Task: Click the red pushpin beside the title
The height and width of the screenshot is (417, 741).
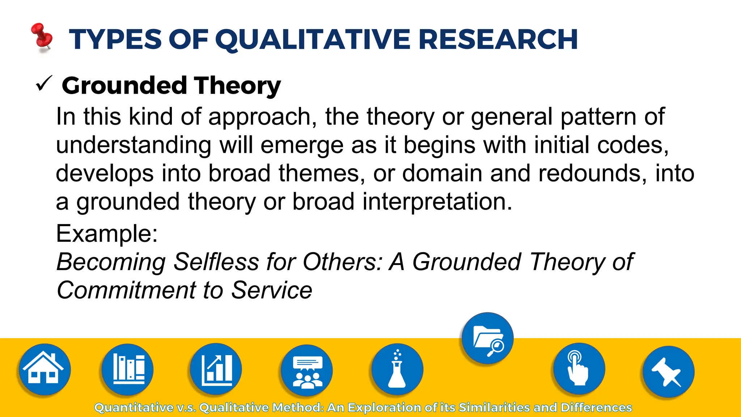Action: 42,37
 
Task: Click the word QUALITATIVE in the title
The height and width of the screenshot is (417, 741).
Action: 313,39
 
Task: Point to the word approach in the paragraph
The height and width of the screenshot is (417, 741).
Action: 259,118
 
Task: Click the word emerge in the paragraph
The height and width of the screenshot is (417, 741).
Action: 300,146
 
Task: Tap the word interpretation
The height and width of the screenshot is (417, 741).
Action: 437,202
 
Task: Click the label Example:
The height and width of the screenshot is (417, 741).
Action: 107,233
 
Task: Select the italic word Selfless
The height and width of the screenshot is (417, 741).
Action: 216,262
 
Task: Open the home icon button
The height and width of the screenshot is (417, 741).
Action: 44,369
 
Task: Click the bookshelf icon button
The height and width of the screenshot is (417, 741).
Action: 127,369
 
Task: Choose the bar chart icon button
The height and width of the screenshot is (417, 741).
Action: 216,369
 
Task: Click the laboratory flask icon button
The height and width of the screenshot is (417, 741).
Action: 397,369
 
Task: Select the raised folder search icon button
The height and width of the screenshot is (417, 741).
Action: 487,338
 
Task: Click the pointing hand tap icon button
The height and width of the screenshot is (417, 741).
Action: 579,369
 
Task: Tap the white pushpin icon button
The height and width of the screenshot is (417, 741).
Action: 668,372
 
